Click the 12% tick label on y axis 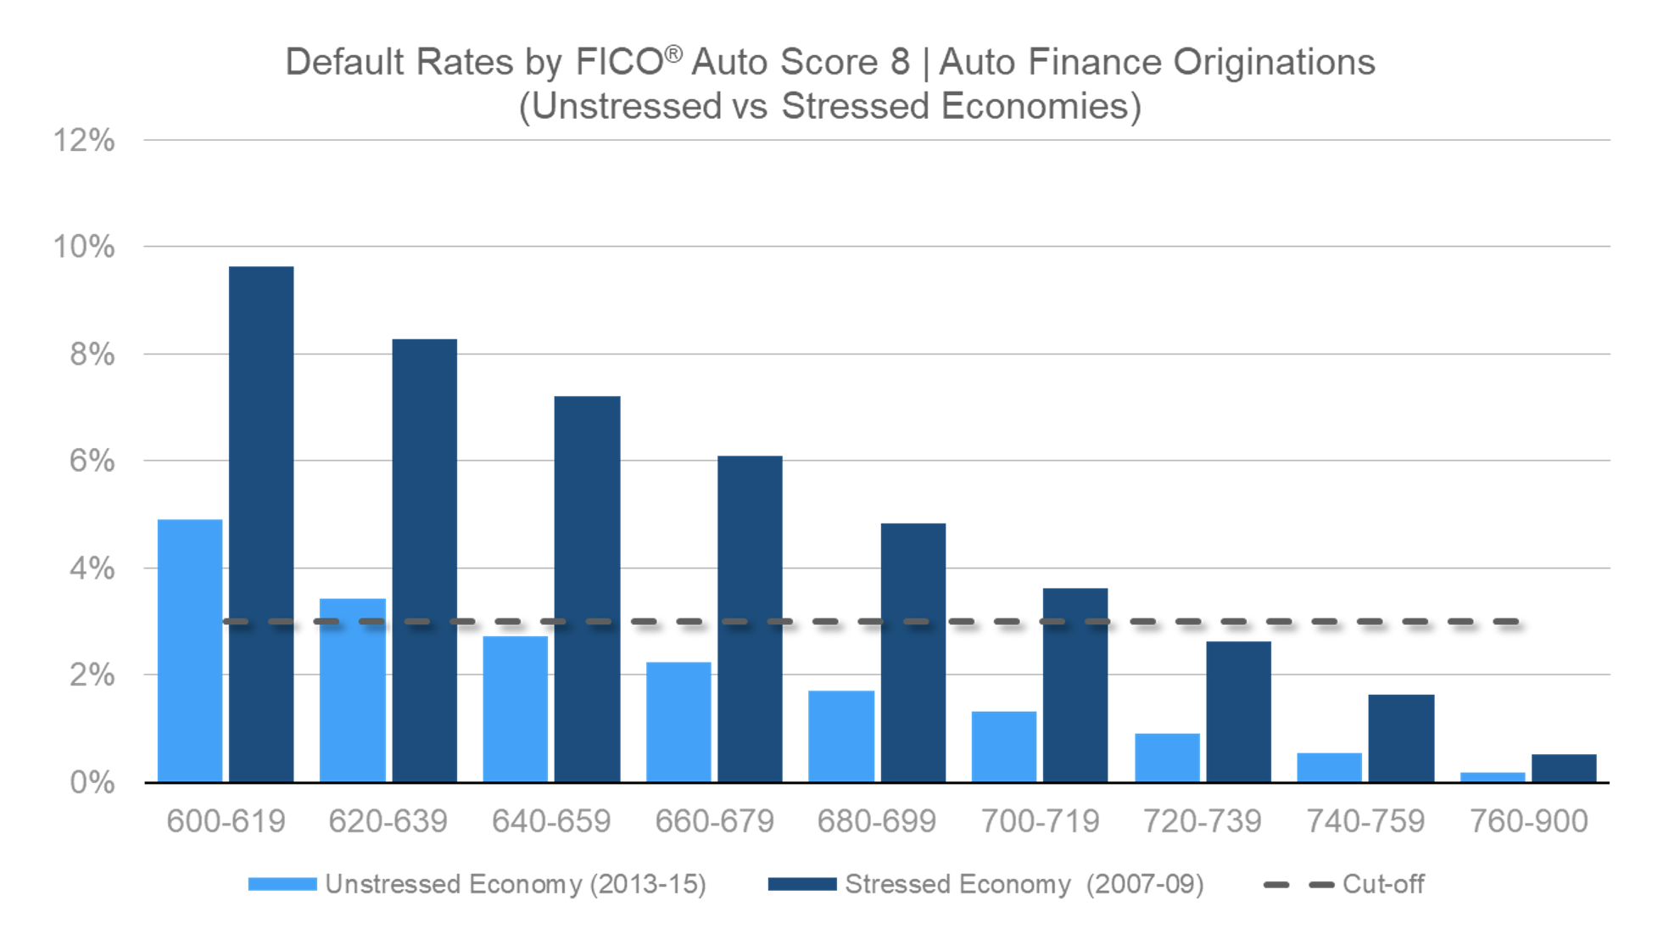83,140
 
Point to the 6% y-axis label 91,461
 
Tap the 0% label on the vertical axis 91,782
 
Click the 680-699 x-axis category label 876,821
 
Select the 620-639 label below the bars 388,821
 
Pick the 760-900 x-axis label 1528,821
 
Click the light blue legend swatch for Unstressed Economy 282,884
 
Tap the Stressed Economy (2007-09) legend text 1024,884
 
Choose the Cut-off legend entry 1382,884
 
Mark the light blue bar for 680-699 841,736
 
